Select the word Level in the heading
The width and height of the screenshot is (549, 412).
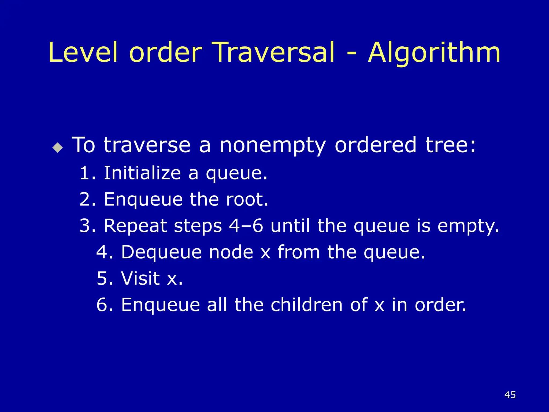83,53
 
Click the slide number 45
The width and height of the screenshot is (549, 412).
510,395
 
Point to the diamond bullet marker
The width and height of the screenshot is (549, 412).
58,147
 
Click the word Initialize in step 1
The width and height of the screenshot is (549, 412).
142,173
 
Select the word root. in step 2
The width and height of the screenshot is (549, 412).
247,199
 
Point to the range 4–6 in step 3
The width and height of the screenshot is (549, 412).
246,226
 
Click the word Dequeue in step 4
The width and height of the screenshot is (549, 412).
161,252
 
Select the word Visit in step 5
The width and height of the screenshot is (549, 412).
140,278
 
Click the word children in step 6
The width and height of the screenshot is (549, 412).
306,304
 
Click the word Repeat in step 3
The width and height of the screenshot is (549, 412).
136,226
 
